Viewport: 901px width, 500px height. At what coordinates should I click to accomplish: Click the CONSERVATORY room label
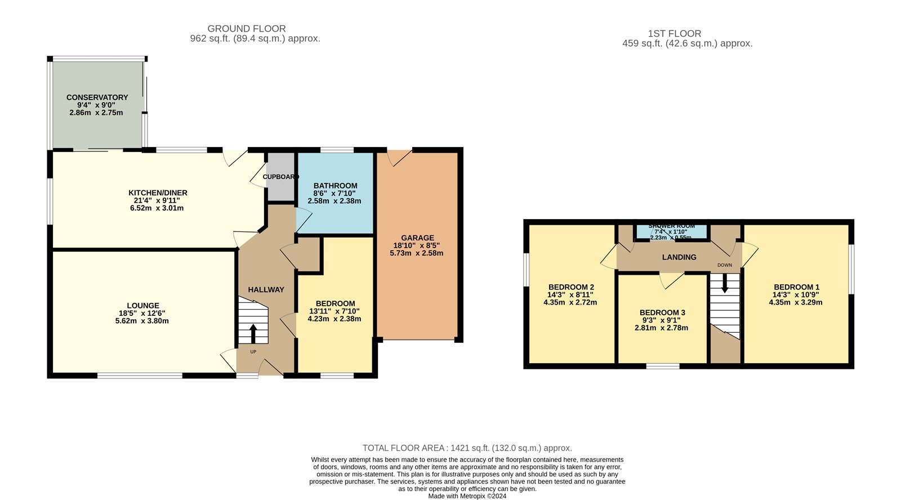(x=97, y=97)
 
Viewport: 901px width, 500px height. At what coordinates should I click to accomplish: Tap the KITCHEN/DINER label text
(x=158, y=193)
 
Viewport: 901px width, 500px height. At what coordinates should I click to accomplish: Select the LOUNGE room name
(x=143, y=306)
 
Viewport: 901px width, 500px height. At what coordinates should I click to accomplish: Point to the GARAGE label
(x=417, y=238)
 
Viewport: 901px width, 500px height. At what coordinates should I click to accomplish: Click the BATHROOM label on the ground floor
(x=335, y=186)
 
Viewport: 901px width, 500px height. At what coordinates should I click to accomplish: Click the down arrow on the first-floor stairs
(x=725, y=283)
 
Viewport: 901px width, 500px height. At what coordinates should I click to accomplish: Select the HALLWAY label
(x=266, y=289)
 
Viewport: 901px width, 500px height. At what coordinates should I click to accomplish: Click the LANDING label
(x=679, y=257)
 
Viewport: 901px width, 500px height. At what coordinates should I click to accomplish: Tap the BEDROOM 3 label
(x=662, y=312)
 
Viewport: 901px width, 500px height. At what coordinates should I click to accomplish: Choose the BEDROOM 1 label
(x=796, y=287)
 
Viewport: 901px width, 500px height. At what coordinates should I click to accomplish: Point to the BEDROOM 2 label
(x=571, y=287)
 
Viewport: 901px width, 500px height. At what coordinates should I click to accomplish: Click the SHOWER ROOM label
(x=671, y=226)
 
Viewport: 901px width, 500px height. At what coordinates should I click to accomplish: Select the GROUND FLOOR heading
(x=247, y=29)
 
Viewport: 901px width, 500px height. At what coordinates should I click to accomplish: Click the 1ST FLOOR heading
(x=674, y=34)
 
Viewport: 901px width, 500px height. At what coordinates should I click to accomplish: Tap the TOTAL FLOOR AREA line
(x=467, y=448)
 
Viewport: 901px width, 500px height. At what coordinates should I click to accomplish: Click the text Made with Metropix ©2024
(x=467, y=496)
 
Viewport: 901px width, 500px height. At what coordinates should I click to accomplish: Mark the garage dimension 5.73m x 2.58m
(x=416, y=253)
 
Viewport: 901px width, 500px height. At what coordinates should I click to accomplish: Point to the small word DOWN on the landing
(x=725, y=265)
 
